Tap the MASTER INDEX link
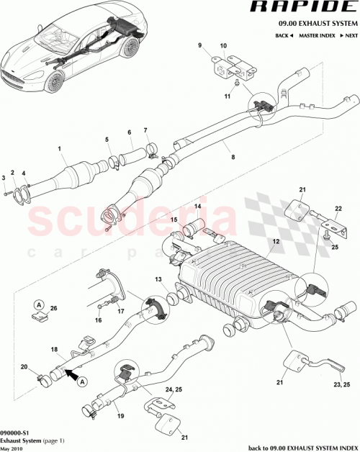coord(316,35)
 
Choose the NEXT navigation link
coord(349,35)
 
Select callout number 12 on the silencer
coord(274,243)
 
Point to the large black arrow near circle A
coord(73,372)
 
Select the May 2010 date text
coord(12,445)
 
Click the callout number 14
coord(195,207)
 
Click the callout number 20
coord(24,366)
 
